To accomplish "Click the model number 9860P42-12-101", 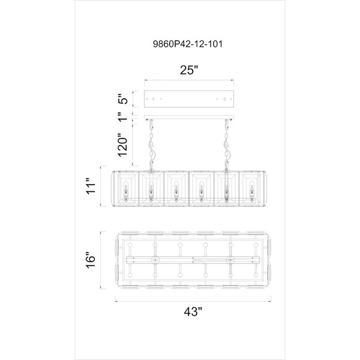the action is click(x=188, y=44).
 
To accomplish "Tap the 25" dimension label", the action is click(x=189, y=70).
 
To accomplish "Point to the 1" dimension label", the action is click(x=123, y=117).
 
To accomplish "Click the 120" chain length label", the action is click(x=122, y=144).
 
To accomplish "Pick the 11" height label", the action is click(x=91, y=186).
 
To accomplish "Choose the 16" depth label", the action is click(x=91, y=260).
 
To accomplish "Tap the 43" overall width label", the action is click(x=193, y=312).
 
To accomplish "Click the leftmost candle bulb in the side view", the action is click(x=125, y=185).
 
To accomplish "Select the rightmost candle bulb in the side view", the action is click(x=252, y=185).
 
